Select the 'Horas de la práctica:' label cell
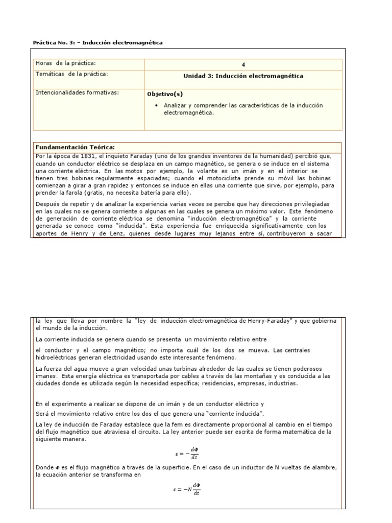(65, 63)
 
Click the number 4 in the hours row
(243, 64)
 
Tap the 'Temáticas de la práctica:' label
(71, 74)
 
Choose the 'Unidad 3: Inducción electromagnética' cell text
(243, 76)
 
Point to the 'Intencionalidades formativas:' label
(77, 92)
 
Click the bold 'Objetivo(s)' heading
(164, 94)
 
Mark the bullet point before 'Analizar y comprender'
(155, 105)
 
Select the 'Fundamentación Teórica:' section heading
(75, 147)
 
